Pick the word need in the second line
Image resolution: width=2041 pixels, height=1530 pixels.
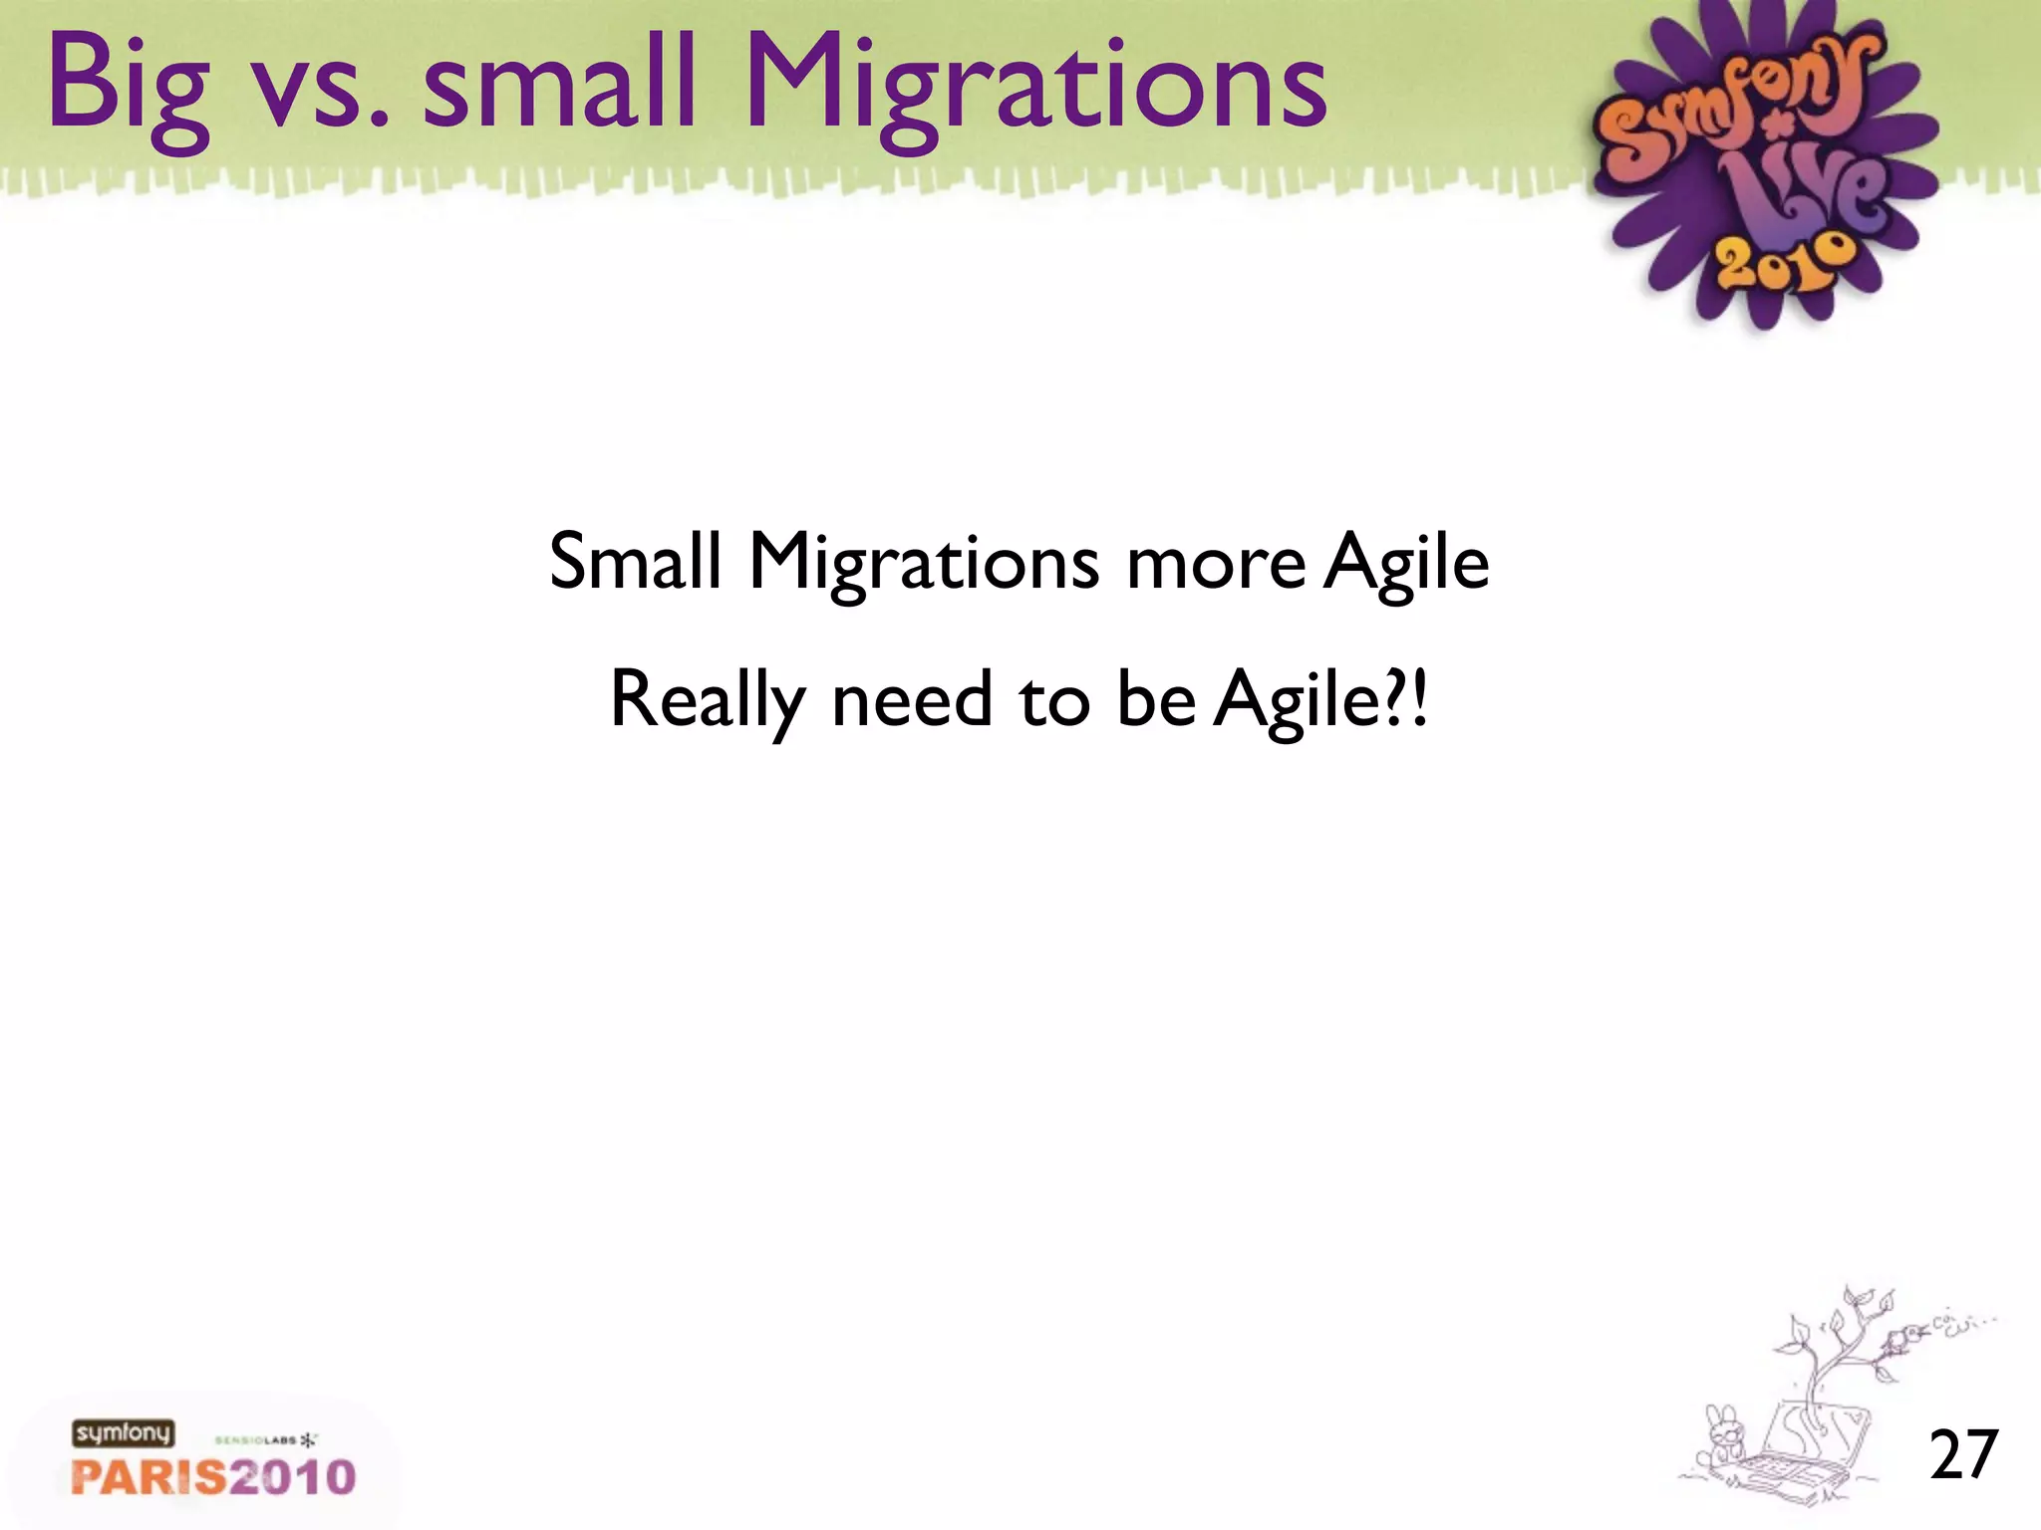912,700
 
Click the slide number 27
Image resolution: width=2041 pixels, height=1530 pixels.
1963,1455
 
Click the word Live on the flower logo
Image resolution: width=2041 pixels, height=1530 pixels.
1794,194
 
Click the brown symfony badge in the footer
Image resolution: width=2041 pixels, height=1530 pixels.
122,1433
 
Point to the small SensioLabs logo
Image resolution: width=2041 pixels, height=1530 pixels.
265,1440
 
